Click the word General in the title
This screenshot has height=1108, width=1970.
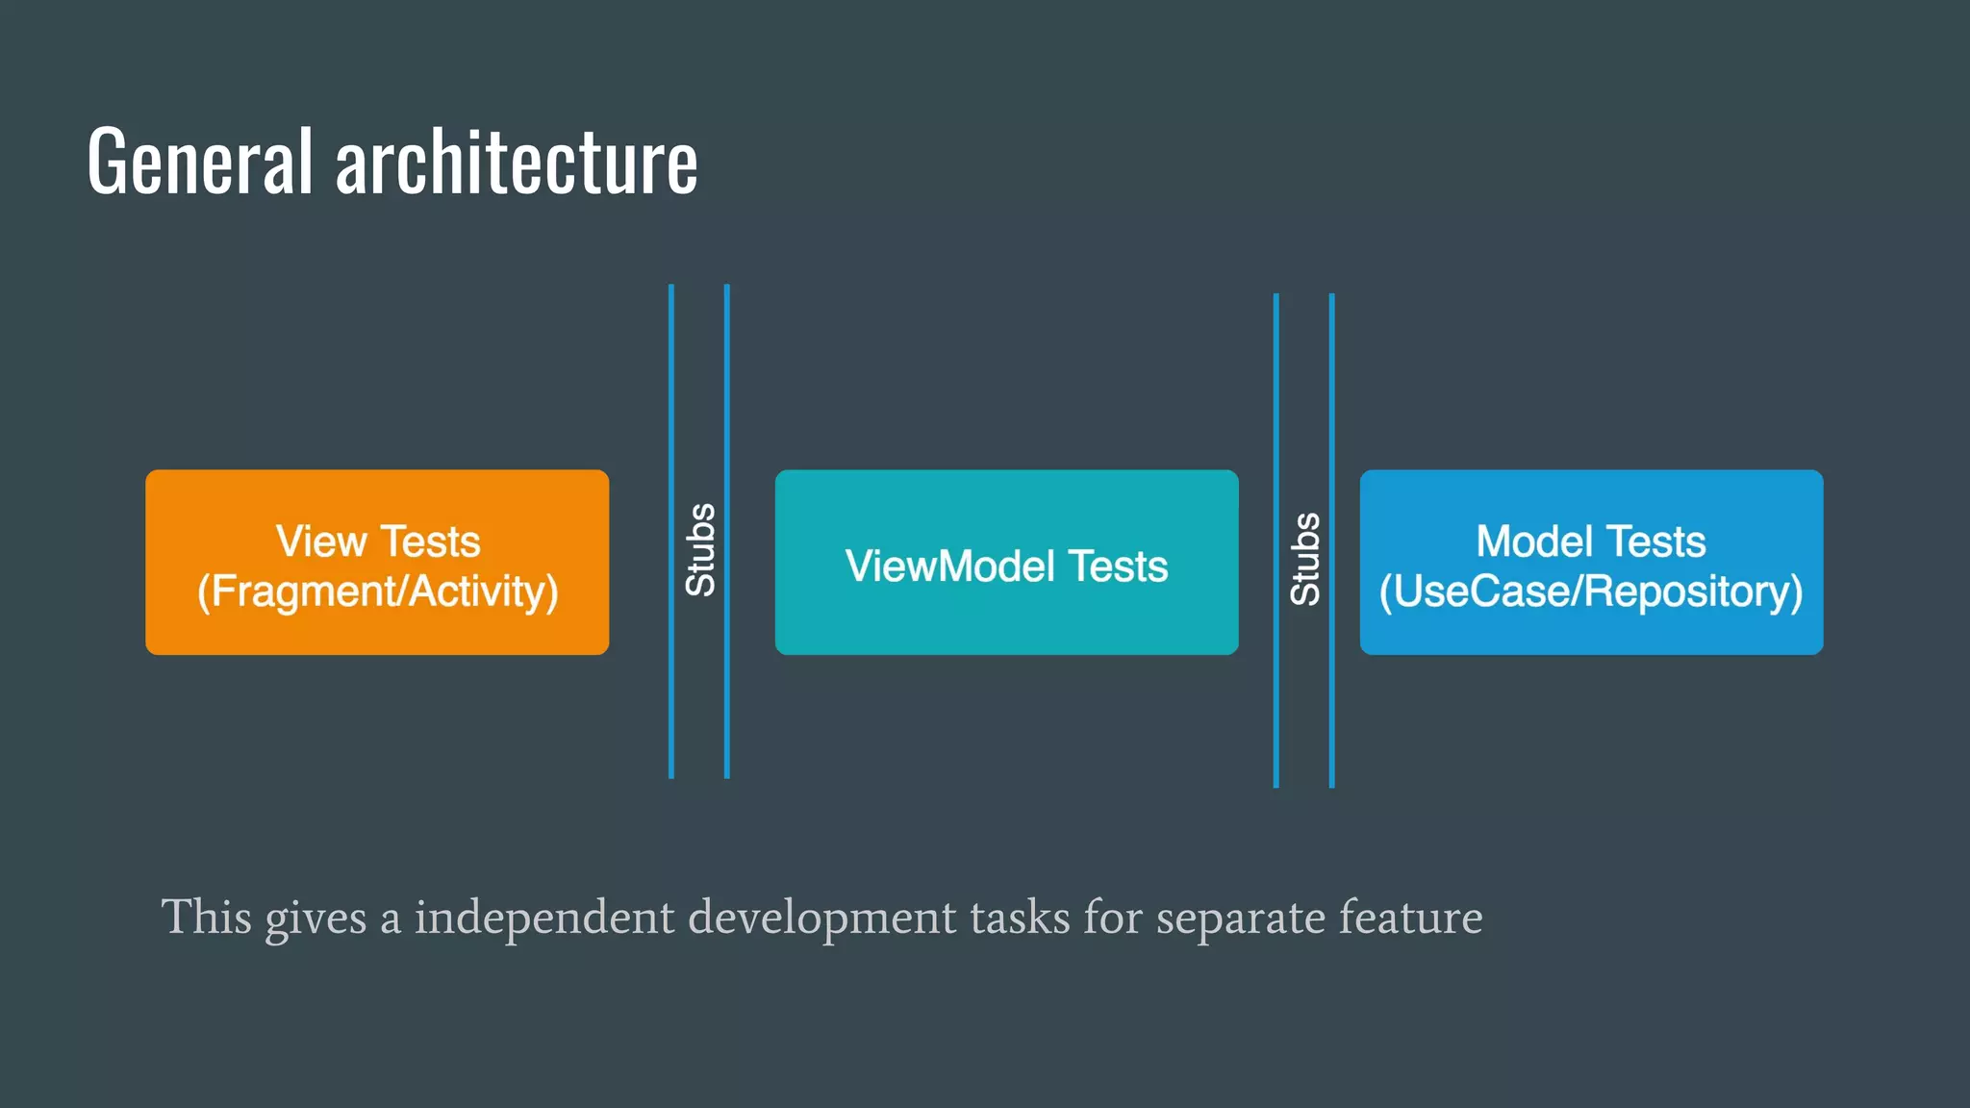point(200,162)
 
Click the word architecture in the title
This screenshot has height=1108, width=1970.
point(517,162)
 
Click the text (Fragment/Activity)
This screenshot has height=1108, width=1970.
point(377,591)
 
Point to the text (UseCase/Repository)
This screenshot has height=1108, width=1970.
point(1591,591)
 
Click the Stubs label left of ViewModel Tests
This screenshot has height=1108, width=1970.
point(700,549)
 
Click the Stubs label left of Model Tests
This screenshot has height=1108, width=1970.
point(1304,559)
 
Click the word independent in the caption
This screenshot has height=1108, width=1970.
point(544,917)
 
